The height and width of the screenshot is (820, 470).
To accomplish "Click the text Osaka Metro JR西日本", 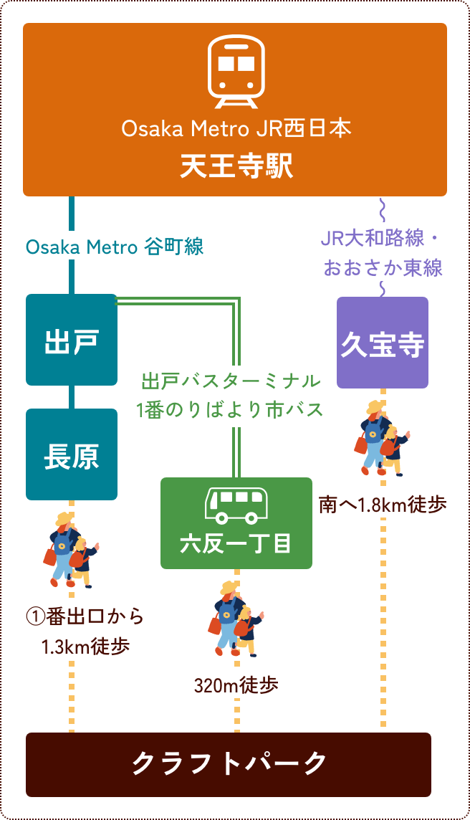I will point(236,130).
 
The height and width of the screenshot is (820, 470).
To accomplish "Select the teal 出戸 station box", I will point(71,340).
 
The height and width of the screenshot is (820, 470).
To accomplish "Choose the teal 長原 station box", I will point(71,454).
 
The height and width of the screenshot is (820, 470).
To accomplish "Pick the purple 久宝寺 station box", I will point(383,343).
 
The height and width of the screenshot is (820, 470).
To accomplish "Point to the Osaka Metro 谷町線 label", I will point(115,247).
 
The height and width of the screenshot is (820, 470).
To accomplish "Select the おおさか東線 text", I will point(383,268).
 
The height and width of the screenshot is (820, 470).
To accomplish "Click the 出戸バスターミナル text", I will point(231,380).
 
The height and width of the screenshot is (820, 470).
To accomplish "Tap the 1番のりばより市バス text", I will point(231,410).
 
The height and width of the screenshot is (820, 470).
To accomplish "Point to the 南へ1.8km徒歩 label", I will point(383,505).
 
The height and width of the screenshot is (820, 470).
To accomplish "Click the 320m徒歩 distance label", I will point(236,686).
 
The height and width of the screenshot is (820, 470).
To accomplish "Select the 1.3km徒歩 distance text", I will point(85,647).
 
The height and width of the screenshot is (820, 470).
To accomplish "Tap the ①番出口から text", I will point(85,616).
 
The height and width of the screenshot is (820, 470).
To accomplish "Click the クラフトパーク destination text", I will point(229,764).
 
